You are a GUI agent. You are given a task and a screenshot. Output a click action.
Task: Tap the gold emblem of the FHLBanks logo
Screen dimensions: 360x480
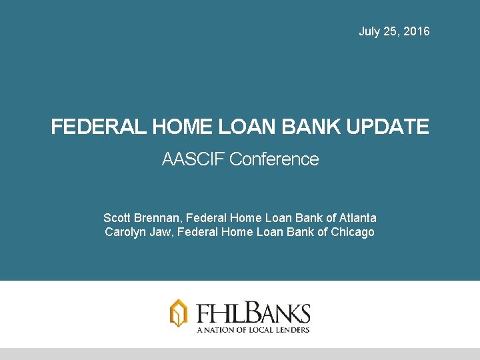pos(179,313)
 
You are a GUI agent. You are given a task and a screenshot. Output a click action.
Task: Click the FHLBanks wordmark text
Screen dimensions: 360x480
pos(253,313)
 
